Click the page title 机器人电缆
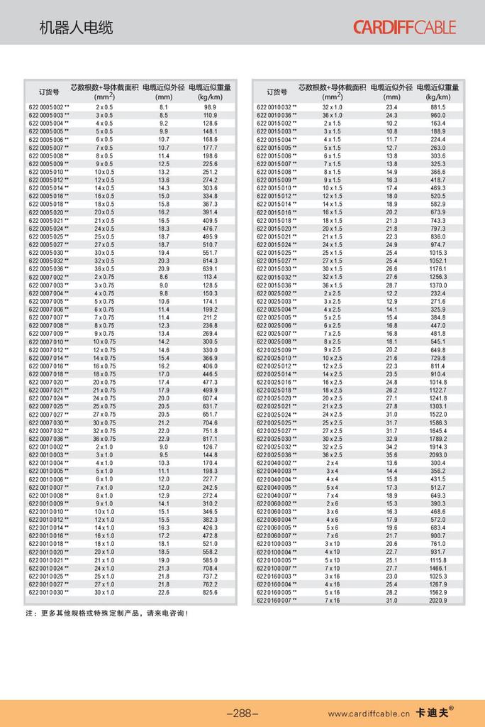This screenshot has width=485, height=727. (x=76, y=28)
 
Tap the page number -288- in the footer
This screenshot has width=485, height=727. (x=242, y=713)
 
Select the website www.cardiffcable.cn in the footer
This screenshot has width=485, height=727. (x=369, y=714)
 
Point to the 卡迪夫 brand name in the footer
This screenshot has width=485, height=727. (x=434, y=713)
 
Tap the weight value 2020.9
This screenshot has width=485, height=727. (x=437, y=600)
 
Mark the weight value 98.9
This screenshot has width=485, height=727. (x=210, y=106)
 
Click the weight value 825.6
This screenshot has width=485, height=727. (x=210, y=592)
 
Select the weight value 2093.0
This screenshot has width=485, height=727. (x=437, y=455)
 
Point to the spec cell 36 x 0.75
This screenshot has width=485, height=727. (x=104, y=439)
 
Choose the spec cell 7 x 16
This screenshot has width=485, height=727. (x=332, y=600)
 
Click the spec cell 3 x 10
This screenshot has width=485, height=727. (x=332, y=543)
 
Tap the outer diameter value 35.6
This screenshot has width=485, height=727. (x=391, y=455)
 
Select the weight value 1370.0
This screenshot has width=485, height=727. (x=437, y=285)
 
